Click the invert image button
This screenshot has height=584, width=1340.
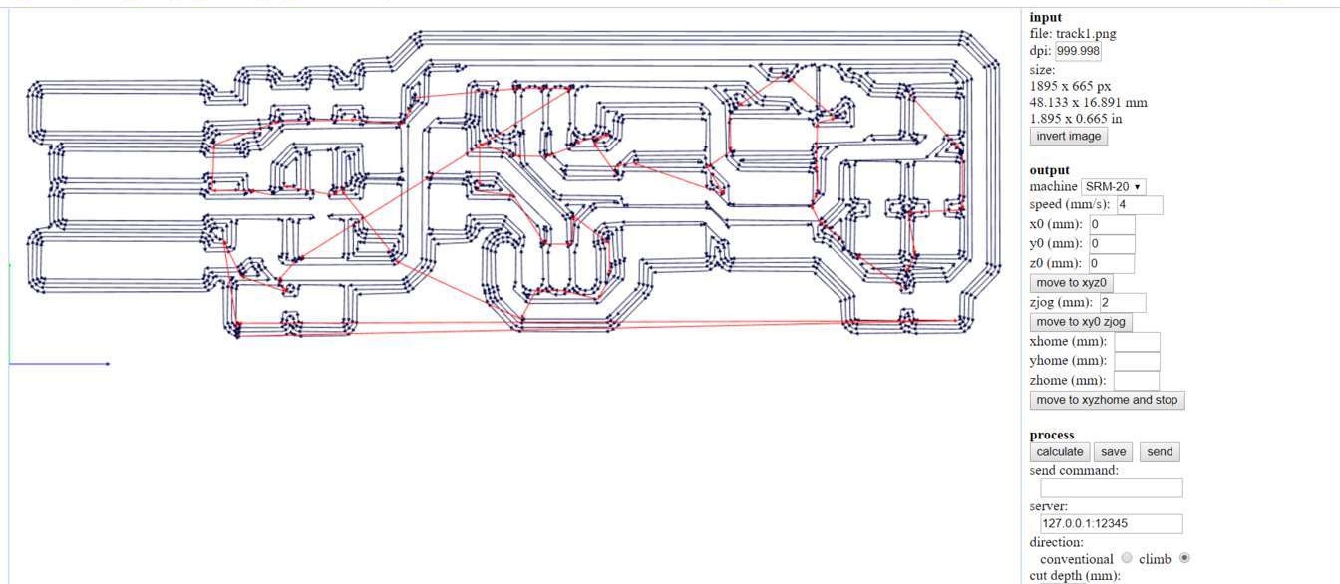[x=1068, y=136]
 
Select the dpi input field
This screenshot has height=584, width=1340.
[x=1079, y=51]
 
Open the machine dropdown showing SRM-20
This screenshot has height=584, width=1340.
[x=1113, y=187]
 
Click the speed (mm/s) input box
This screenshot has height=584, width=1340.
[x=1140, y=205]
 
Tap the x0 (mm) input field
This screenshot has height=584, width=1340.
[x=1112, y=225]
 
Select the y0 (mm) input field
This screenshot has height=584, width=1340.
[x=1112, y=244]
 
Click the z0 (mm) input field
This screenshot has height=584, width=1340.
[x=1111, y=264]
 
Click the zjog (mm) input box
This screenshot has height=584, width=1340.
[x=1122, y=303]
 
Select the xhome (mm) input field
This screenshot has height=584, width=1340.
[x=1137, y=342]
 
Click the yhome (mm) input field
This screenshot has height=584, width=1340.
[x=1137, y=361]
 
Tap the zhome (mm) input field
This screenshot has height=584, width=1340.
[x=1137, y=381]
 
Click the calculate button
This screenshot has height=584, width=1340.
[x=1060, y=452]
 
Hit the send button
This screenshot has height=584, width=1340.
[x=1160, y=452]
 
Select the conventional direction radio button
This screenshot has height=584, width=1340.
[x=1128, y=558]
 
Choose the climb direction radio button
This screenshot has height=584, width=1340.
[x=1184, y=558]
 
